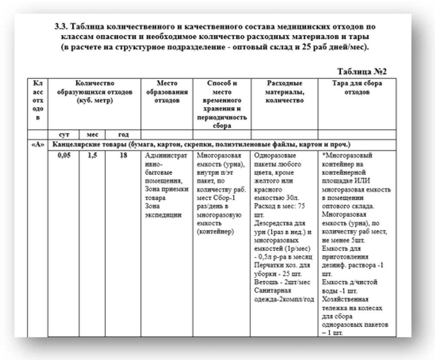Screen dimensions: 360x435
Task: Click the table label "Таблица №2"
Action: coord(362,71)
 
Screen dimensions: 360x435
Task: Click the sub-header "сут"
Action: coord(64,135)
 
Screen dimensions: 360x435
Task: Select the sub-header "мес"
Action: coord(92,135)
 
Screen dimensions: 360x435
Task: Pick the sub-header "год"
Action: coord(123,135)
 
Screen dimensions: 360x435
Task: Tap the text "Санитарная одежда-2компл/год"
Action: coord(283,294)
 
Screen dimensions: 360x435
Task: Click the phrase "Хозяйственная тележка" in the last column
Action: coord(345,303)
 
